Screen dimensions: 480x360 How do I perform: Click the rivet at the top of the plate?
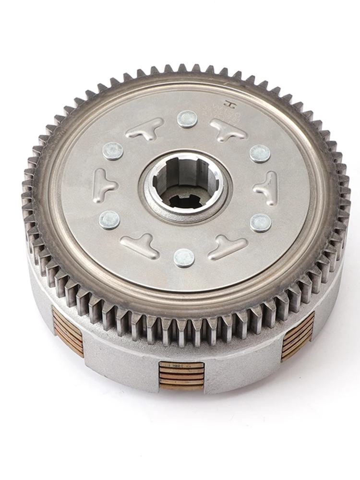pos(187,119)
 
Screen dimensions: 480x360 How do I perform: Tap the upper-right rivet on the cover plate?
pos(260,154)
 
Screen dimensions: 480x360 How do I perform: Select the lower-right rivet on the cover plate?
pos(261,223)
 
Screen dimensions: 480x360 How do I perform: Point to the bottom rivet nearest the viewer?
pos(184,258)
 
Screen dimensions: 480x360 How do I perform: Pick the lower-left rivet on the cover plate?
pos(109,220)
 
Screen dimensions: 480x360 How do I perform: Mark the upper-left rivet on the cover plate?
pos(113,151)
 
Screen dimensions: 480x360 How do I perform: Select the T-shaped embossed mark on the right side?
pos(267,188)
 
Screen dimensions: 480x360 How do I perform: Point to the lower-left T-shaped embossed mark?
pos(140,245)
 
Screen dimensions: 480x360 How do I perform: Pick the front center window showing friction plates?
pos(181,375)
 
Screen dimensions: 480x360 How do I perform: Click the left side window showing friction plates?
pos(67,331)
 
